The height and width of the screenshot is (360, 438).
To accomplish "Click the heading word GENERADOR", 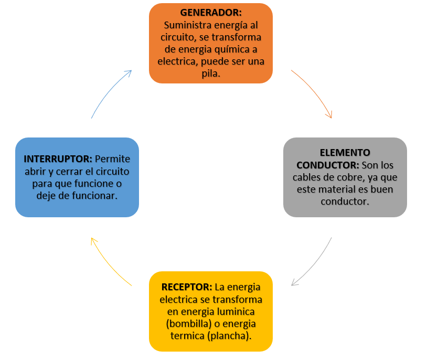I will (x=210, y=13).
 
